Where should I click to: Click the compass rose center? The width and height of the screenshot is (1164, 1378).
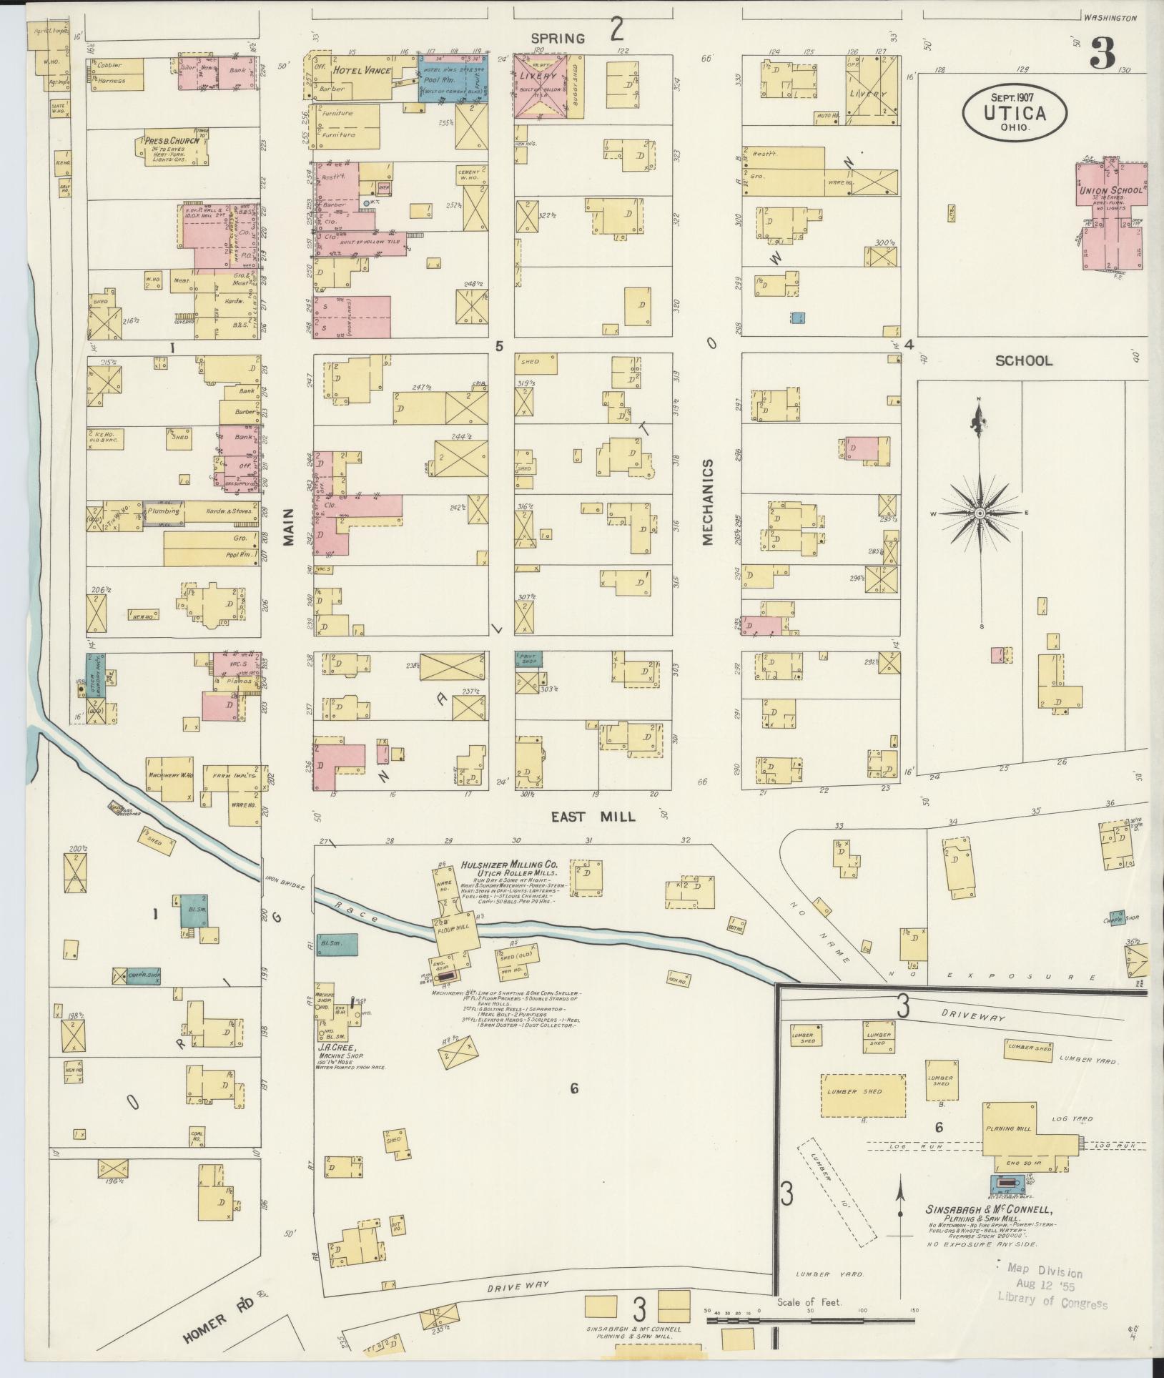point(980,513)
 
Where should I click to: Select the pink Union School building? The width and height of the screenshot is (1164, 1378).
point(1113,215)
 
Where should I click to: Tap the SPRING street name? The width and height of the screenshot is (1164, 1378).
point(558,38)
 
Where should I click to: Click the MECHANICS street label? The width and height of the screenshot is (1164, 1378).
point(708,502)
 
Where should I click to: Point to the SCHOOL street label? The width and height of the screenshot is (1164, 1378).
point(1024,360)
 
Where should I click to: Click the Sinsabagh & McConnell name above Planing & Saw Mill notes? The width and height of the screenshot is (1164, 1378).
point(988,1210)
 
